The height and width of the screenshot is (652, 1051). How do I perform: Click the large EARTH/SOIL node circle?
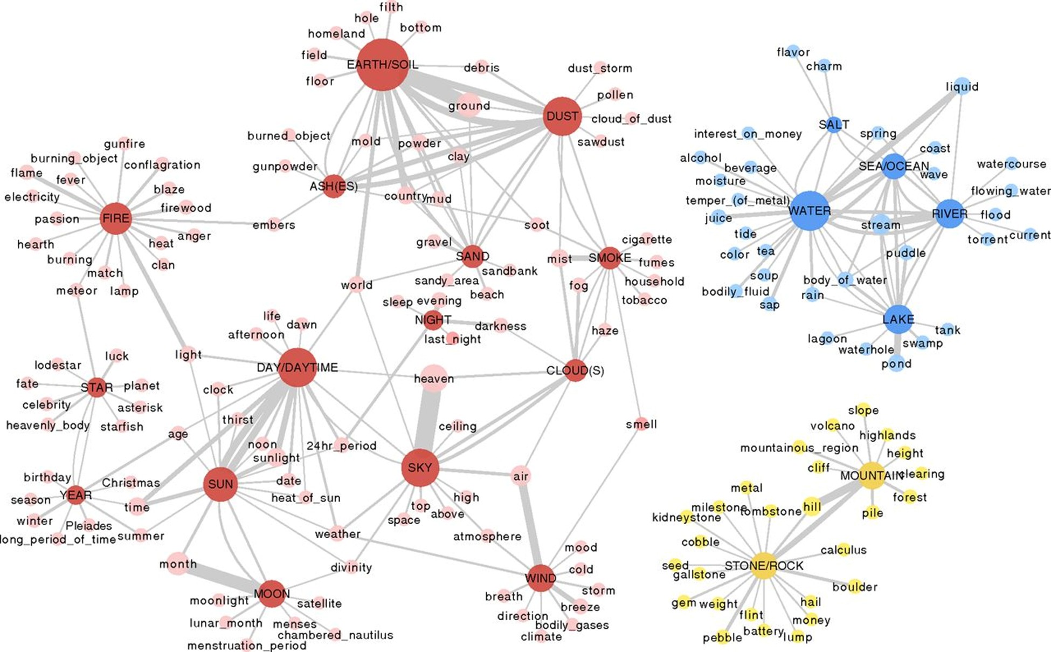tap(382, 65)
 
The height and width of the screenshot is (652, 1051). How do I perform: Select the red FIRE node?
tap(116, 218)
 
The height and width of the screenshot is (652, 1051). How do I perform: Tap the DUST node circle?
tap(562, 116)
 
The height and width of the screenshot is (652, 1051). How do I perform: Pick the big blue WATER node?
tap(809, 211)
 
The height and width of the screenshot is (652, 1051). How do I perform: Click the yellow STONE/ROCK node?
tap(764, 566)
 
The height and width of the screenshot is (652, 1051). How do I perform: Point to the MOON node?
tap(272, 594)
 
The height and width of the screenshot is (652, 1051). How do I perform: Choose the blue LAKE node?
tap(898, 319)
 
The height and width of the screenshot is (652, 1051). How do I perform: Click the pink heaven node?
tap(434, 379)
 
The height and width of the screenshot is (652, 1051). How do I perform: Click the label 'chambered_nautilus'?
tap(335, 635)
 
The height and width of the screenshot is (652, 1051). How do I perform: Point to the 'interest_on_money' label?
tap(748, 134)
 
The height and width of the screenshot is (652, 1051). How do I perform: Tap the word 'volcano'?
tap(832, 426)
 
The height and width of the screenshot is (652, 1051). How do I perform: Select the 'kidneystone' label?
tap(686, 518)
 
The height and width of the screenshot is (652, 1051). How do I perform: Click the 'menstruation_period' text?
tap(246, 646)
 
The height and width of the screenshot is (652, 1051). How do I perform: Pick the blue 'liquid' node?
tap(962, 86)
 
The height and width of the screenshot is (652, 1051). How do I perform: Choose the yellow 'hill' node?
tap(812, 507)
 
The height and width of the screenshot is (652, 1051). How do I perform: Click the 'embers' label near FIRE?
tap(274, 225)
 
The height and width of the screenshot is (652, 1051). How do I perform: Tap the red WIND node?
tap(540, 579)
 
